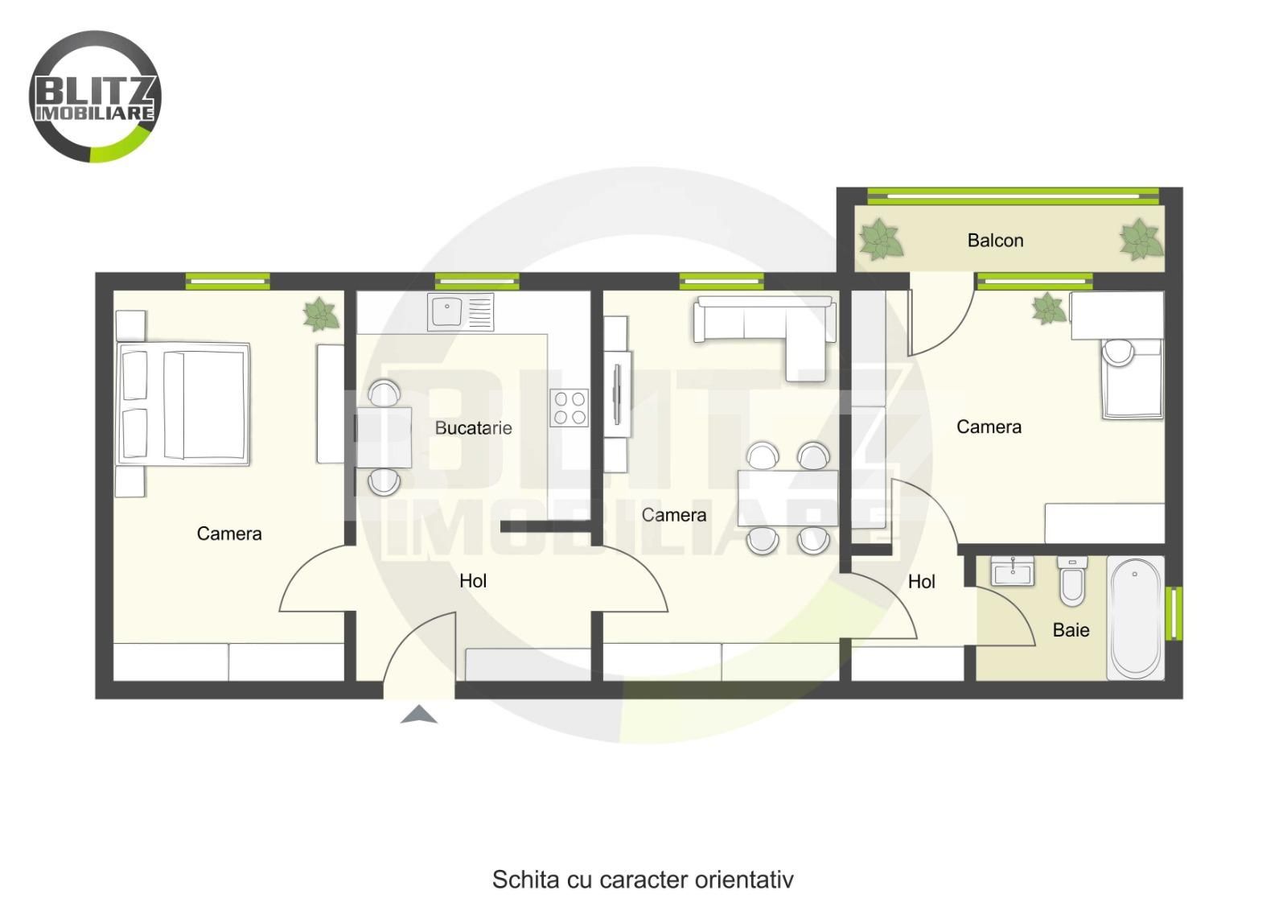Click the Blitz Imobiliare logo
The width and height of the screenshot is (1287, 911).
(95, 97)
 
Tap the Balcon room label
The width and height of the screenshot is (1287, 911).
(995, 241)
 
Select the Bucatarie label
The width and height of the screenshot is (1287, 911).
(474, 427)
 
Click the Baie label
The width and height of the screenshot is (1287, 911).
(1071, 630)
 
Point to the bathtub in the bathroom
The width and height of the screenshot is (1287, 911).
(1135, 618)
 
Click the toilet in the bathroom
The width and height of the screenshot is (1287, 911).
(1072, 581)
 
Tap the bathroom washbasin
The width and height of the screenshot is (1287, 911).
(1013, 571)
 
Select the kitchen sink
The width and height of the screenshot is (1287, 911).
(460, 311)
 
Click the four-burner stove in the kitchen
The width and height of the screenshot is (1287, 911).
(569, 407)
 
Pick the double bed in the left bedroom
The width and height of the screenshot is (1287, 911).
(183, 404)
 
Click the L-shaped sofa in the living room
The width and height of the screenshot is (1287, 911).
(764, 336)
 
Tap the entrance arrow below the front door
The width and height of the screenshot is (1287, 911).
(419, 714)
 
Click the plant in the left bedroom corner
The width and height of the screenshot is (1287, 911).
(321, 314)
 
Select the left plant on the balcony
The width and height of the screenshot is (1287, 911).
(880, 239)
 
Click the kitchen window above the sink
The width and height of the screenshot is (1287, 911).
(477, 282)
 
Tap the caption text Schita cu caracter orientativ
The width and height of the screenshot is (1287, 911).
(643, 879)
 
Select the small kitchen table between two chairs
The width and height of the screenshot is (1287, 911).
(384, 437)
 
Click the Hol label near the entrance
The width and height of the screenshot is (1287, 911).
(473, 580)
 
